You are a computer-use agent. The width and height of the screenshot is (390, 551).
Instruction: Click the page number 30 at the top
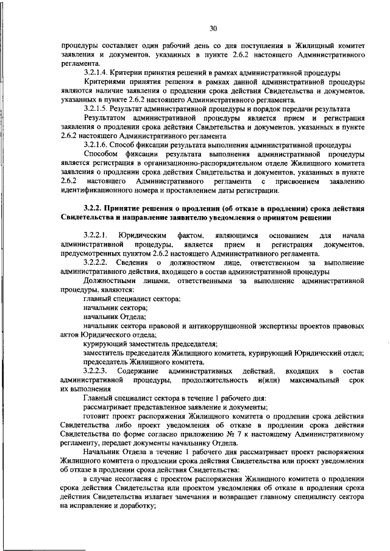tap(213, 28)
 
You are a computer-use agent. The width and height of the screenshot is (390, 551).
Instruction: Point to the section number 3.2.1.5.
tap(99, 108)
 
